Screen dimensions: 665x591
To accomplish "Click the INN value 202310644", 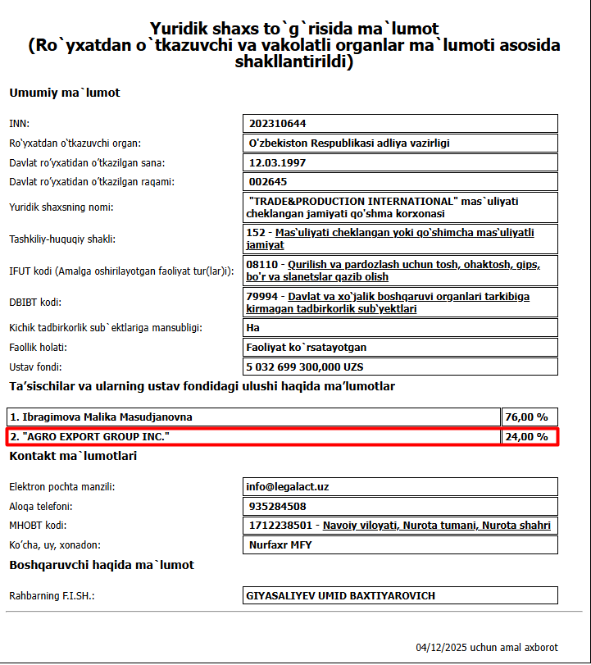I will pos(277,124).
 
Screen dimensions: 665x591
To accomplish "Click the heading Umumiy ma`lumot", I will pos(65,93).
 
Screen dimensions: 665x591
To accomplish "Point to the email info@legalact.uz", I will pos(288,487).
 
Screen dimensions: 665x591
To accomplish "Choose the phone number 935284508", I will pos(277,507).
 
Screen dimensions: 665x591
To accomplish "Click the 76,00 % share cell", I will pos(526,417).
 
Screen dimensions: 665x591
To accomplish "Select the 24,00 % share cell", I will pos(526,437).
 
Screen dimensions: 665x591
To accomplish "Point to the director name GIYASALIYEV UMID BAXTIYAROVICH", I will pos(340,596).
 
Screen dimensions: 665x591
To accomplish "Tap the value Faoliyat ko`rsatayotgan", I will pos(307,347).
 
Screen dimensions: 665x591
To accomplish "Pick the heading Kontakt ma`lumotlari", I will pos(73,456).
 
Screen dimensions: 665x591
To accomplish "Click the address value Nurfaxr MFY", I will pos(280,545).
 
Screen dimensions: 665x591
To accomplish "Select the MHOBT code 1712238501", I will pos(280,526).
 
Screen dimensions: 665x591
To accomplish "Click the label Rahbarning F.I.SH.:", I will pos(52,596).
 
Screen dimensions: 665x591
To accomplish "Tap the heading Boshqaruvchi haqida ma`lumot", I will pos(102,565).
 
